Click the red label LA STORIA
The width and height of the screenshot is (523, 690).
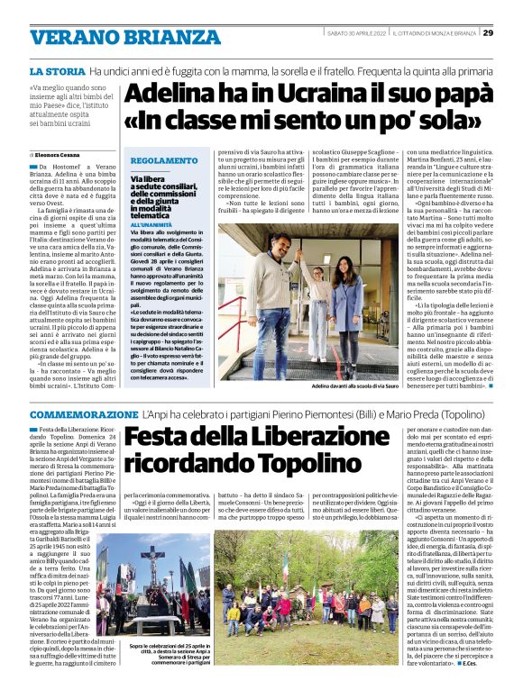[57, 69]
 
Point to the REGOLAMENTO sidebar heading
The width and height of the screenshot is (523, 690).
[164, 160]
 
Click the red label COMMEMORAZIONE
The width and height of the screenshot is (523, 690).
[83, 413]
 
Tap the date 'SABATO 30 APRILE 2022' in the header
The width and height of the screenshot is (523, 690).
[357, 33]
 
